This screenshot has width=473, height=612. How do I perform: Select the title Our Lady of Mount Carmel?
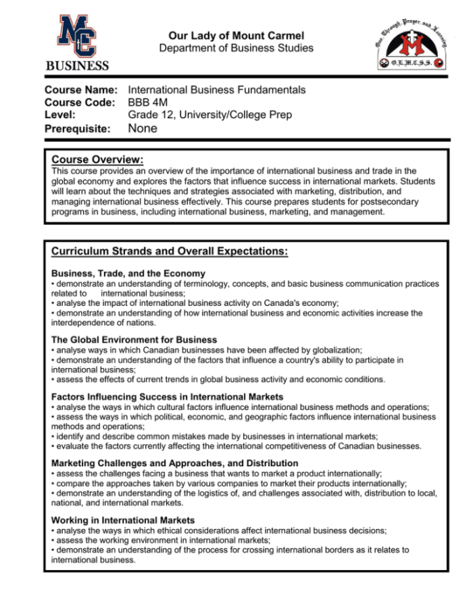click(236, 35)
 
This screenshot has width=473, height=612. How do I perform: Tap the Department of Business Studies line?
click(236, 48)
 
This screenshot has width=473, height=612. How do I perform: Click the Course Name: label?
click(81, 90)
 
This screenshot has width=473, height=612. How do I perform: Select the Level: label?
click(65, 116)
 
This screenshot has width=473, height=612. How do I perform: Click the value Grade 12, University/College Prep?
click(209, 116)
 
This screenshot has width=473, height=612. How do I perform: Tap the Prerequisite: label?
click(77, 129)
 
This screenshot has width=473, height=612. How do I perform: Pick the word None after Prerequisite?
click(143, 128)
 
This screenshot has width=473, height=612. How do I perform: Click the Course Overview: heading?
click(97, 160)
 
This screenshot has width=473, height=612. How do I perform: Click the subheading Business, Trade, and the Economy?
click(128, 274)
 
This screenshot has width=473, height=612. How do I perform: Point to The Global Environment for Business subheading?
click(134, 340)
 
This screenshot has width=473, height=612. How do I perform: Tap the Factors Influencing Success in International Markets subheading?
click(167, 397)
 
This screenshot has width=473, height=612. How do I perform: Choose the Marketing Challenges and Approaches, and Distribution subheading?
click(174, 463)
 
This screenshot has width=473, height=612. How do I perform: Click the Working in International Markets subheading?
click(123, 520)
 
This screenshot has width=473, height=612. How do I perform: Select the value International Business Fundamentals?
click(216, 90)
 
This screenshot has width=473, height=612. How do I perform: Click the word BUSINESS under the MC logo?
click(76, 66)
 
